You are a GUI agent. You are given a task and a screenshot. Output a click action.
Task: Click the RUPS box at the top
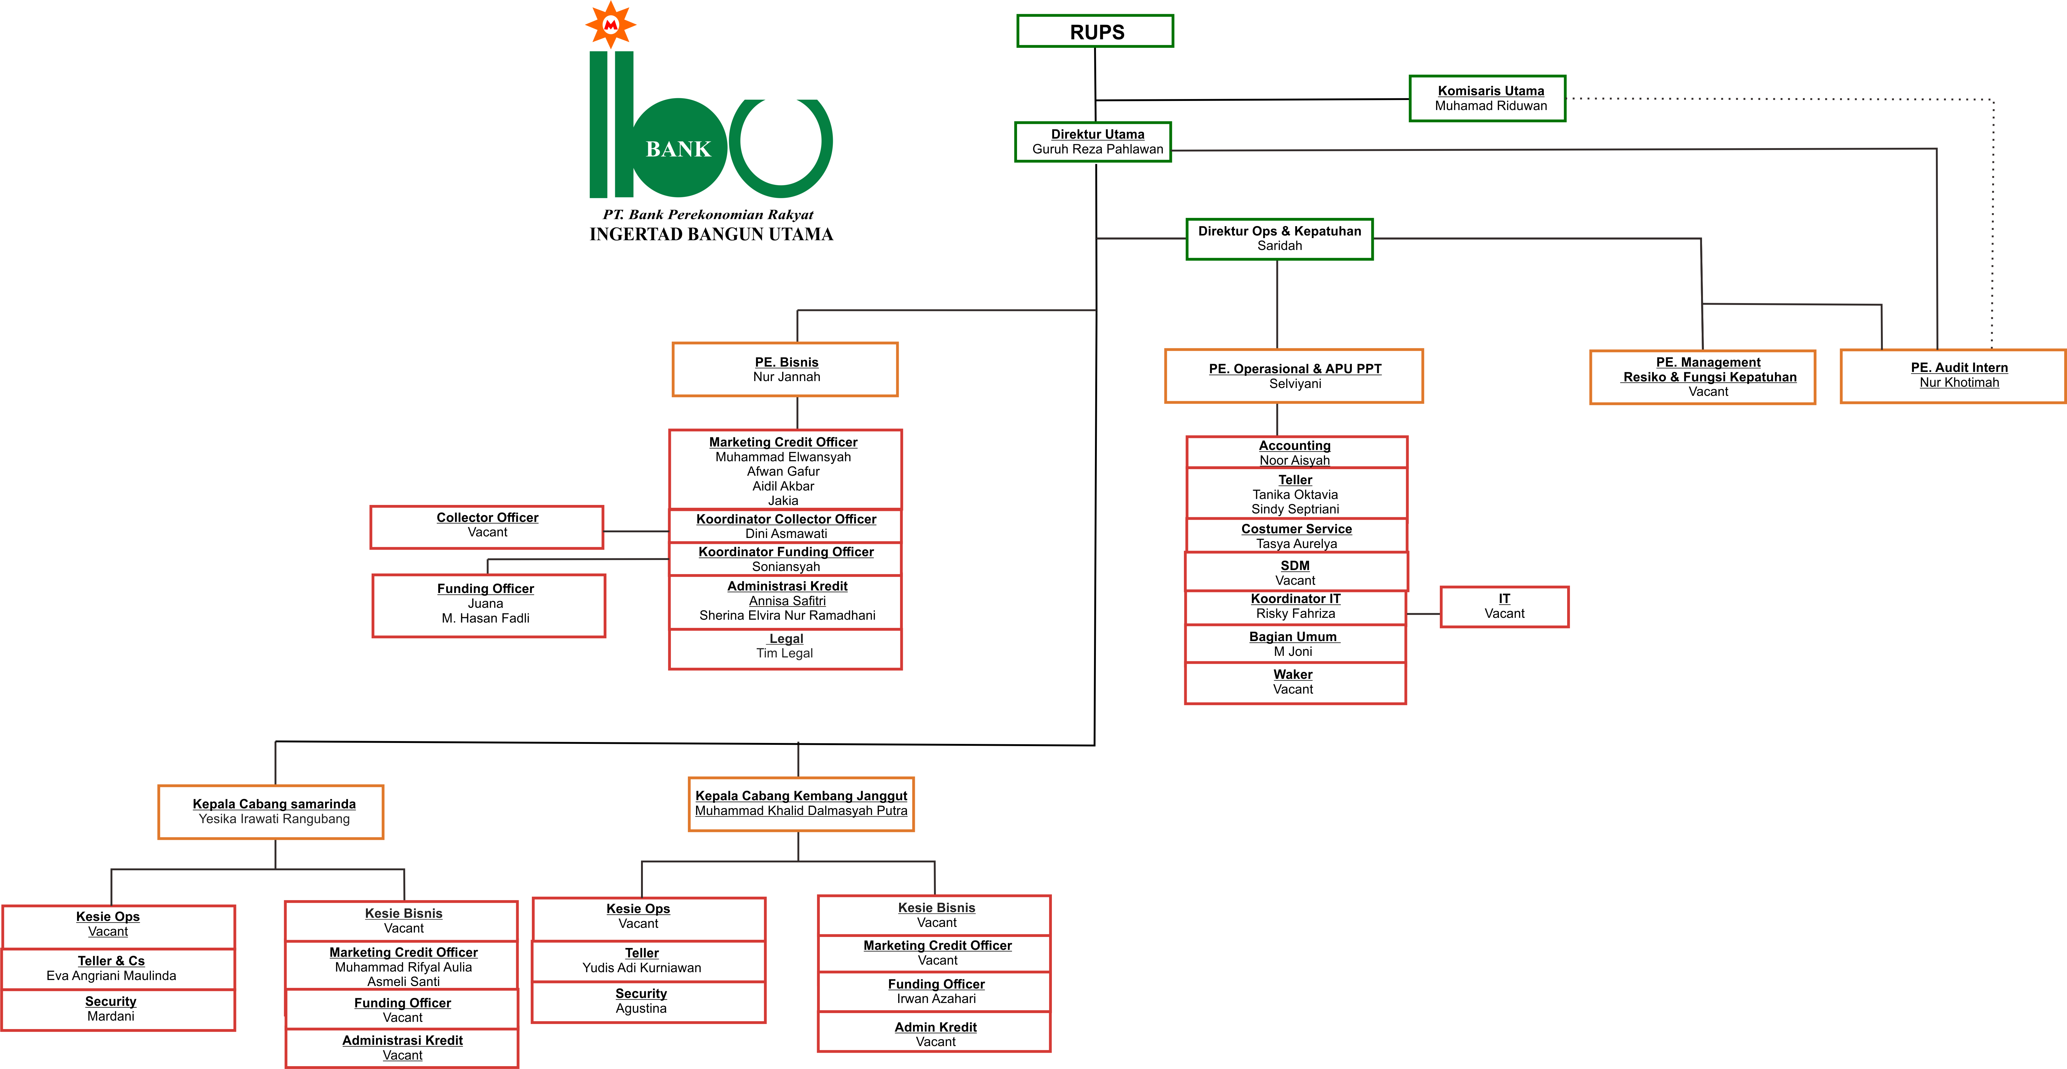(x=1095, y=31)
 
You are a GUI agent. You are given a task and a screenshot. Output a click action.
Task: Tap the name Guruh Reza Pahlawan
(x=1097, y=149)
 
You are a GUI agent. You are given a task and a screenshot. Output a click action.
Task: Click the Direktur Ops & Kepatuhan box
(x=1279, y=238)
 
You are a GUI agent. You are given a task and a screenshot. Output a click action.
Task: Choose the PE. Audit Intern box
(x=1952, y=376)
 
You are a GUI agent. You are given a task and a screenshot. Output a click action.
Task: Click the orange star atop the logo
(x=611, y=24)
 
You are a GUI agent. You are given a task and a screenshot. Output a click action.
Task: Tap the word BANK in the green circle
(x=678, y=149)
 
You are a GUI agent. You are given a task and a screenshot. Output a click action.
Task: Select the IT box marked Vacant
(x=1504, y=607)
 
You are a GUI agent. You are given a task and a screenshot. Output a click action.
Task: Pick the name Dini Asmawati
(x=786, y=534)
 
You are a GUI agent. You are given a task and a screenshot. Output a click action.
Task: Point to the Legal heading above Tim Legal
(x=786, y=639)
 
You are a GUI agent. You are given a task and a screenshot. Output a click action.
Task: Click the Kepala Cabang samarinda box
(x=271, y=811)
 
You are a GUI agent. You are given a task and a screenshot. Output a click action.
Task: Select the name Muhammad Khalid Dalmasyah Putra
(x=801, y=811)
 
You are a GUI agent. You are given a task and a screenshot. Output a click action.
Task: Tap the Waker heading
(x=1293, y=674)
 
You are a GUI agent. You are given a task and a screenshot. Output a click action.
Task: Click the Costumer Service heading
(x=1296, y=529)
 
